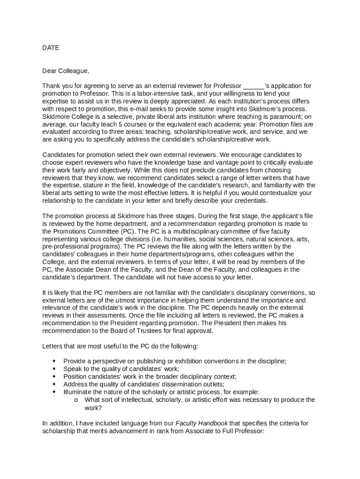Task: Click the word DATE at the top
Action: (51, 48)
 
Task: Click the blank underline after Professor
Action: (254, 86)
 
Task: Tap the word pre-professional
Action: (65, 246)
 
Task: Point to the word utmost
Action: (121, 300)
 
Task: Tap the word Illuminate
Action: (79, 392)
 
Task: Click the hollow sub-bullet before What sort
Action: (76, 400)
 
